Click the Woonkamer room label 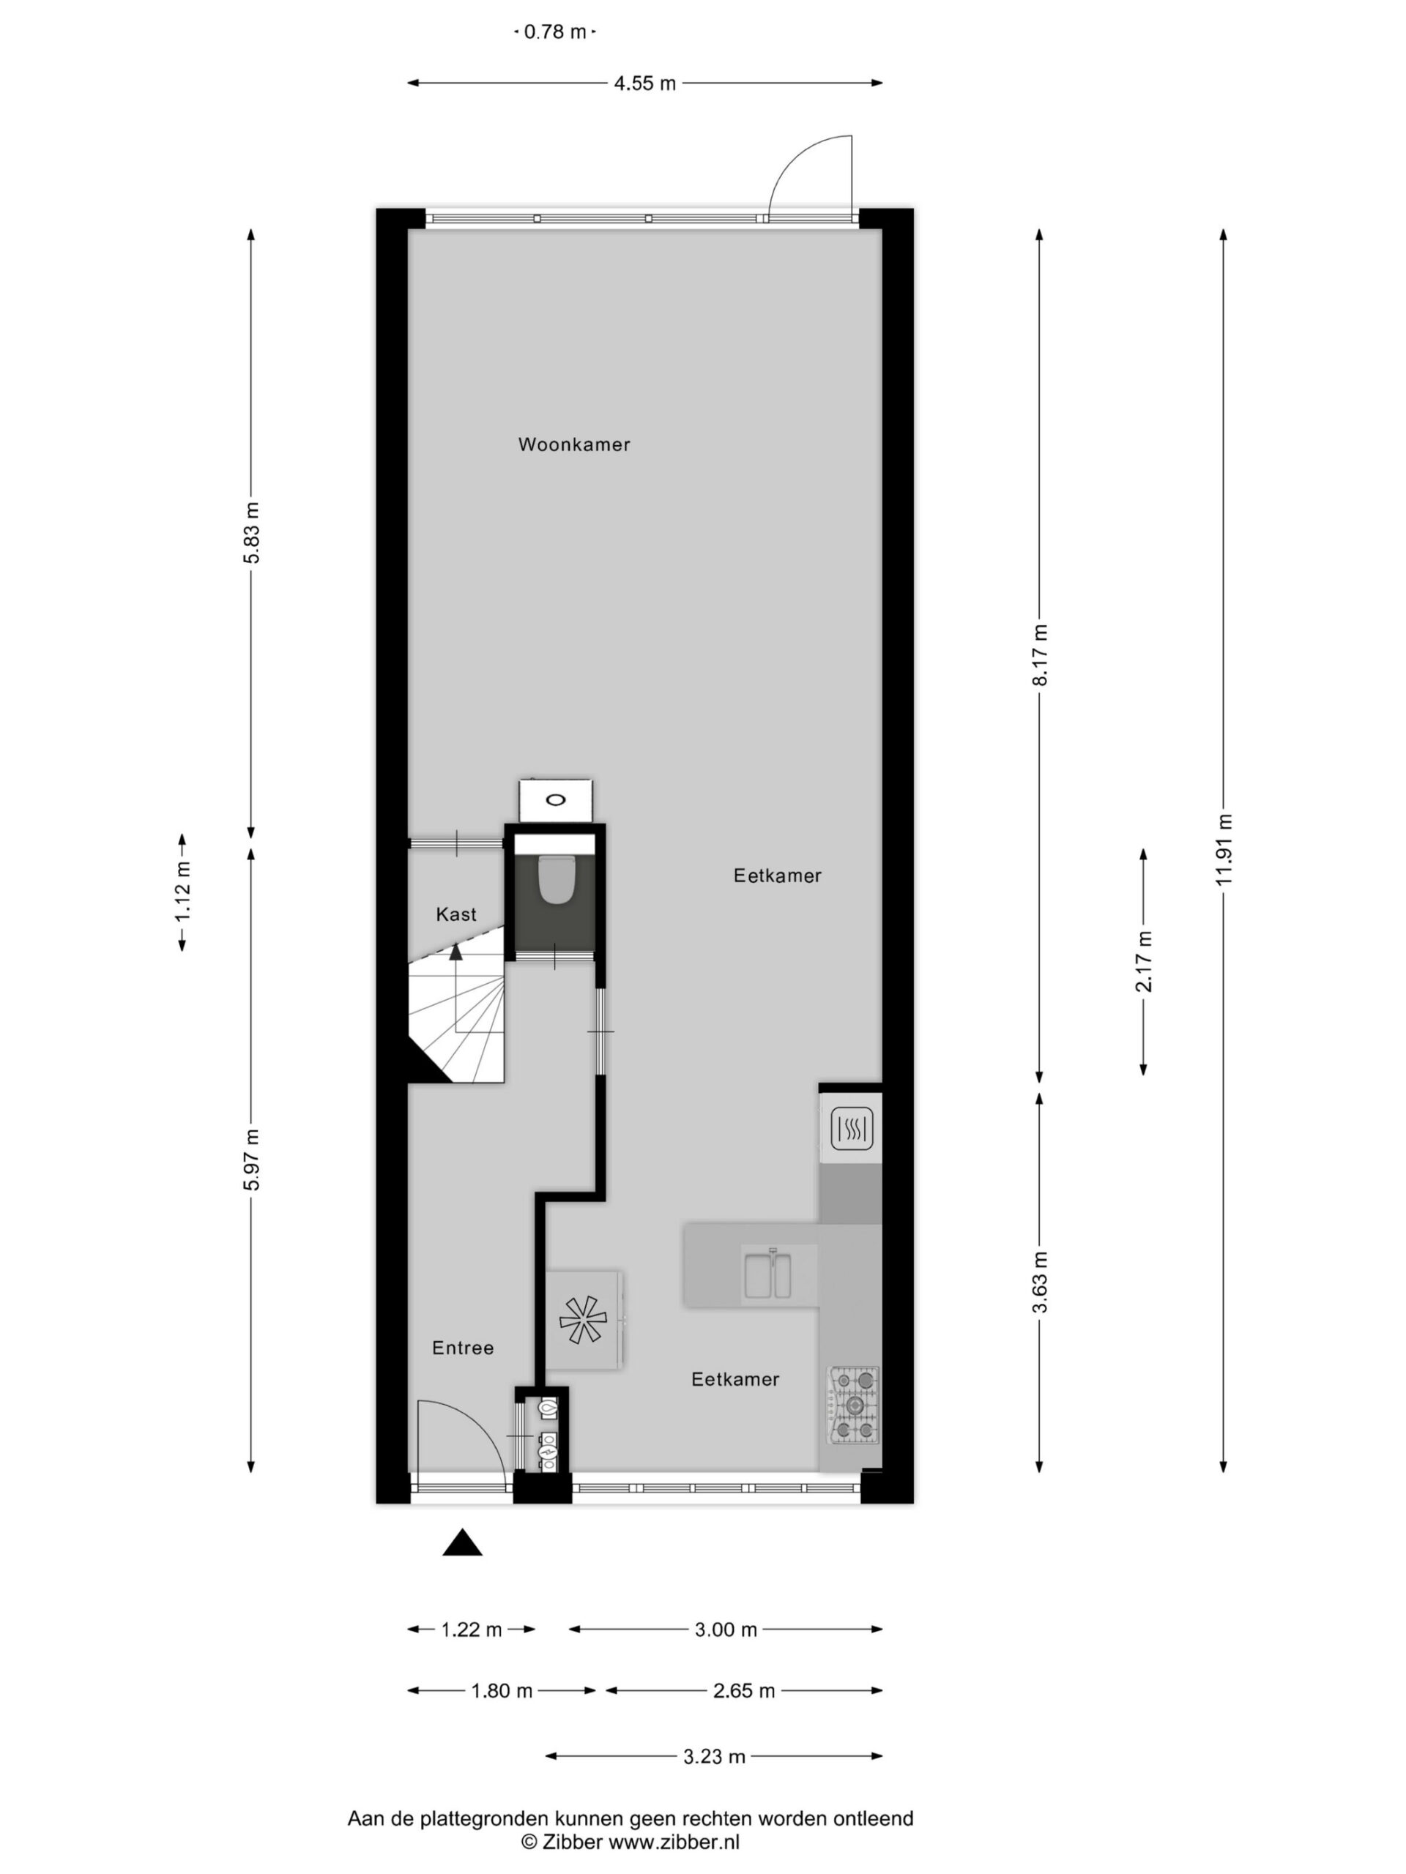574,444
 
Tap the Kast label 456,914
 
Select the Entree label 463,1348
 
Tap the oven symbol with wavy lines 852,1130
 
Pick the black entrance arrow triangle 462,1542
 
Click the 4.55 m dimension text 645,83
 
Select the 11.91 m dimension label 1224,850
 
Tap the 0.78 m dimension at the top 555,32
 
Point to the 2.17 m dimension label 1144,962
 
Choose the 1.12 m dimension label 182,892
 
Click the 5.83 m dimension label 252,533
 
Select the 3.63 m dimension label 1040,1282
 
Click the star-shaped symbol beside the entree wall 583,1321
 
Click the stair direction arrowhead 456,952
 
